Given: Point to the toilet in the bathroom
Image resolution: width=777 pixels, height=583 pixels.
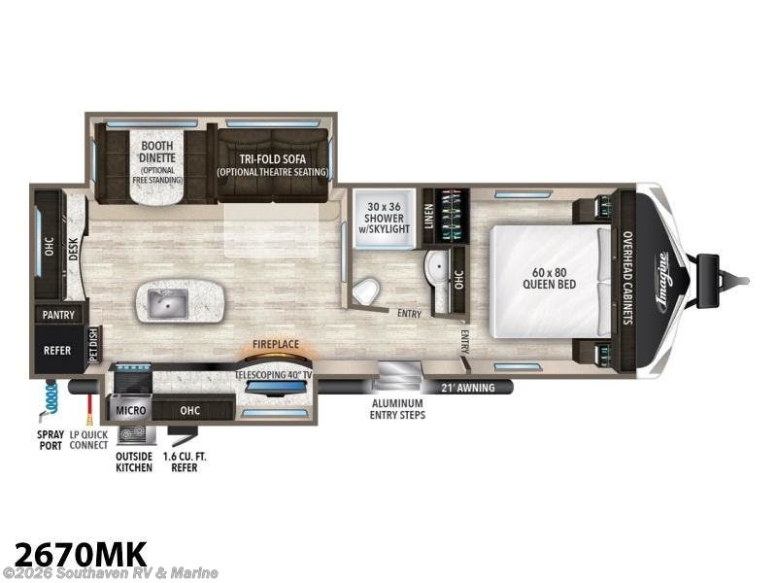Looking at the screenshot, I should (x=365, y=290).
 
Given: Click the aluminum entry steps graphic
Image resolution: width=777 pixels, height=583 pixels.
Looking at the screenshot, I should (x=398, y=375).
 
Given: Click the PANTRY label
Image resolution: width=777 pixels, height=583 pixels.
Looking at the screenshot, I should (x=58, y=315).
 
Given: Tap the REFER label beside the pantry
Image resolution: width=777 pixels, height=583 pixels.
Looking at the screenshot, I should (x=57, y=350).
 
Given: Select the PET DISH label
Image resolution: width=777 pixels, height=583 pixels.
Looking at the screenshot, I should (x=93, y=344).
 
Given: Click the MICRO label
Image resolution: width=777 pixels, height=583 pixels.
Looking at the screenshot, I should (x=131, y=411).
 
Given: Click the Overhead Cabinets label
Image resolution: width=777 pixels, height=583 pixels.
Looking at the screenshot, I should (x=627, y=277).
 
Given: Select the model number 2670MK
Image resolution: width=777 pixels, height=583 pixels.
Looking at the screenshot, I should (x=76, y=553).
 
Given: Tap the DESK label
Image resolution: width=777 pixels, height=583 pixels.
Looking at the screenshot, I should (x=73, y=250).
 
